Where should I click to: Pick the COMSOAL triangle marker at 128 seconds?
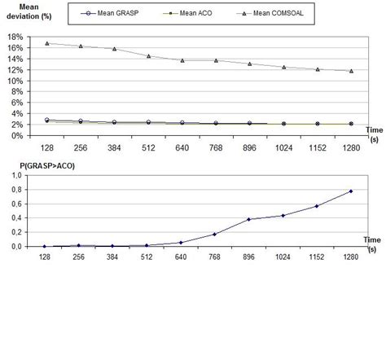click(x=46, y=43)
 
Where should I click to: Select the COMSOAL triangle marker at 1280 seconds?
click(x=350, y=71)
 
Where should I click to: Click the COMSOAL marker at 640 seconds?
click(x=182, y=60)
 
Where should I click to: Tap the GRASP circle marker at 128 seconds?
click(x=46, y=120)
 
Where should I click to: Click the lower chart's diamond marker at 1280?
click(x=350, y=191)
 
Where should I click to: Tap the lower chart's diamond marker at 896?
click(x=248, y=219)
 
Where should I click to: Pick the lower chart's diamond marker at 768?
click(x=215, y=235)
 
